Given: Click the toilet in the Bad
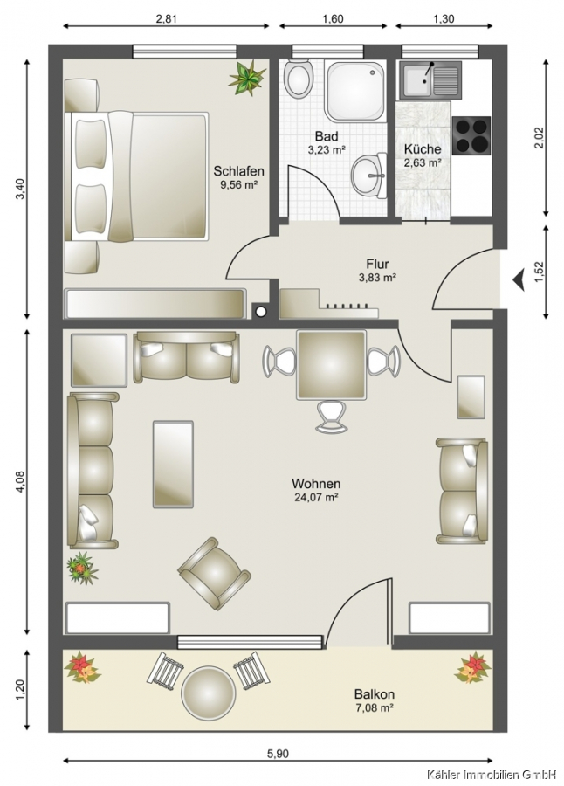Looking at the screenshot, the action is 298,79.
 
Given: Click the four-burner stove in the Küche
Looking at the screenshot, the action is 471,135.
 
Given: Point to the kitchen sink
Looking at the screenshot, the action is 430,80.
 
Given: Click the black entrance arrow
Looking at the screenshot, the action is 518,279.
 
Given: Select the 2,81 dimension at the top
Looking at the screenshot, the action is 167,19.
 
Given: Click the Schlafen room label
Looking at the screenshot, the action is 238,171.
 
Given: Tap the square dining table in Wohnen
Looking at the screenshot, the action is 330,364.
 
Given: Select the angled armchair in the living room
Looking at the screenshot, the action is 214,573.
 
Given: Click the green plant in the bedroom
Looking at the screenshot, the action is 246,77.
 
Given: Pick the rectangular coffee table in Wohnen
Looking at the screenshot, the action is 173,465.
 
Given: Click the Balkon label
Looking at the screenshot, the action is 374,694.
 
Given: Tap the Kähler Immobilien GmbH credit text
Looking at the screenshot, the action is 492,774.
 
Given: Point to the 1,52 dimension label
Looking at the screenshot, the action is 540,273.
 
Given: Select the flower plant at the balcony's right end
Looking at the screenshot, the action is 472,667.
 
